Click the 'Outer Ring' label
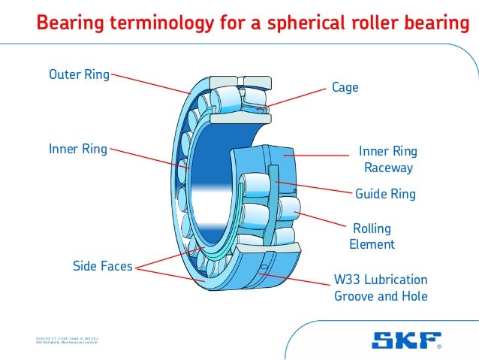79,74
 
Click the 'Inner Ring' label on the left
78,149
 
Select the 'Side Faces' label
102,265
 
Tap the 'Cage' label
345,88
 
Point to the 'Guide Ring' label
385,195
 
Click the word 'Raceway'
388,168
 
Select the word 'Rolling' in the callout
372,228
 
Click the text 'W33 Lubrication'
380,280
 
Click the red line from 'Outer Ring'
150,83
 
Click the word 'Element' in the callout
372,244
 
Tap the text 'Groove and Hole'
380,296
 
